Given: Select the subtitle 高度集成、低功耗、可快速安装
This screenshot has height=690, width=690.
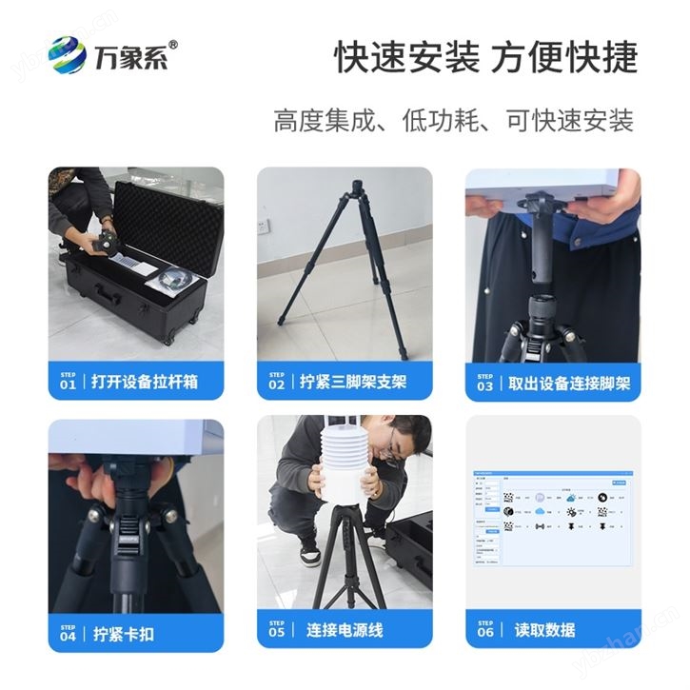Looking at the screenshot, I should click(x=453, y=121).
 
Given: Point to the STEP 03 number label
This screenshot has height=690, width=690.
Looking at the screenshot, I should click(x=485, y=384).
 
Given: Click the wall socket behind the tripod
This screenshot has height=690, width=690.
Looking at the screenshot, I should click(x=265, y=227).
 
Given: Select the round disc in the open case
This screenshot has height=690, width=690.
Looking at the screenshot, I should click(x=177, y=280).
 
